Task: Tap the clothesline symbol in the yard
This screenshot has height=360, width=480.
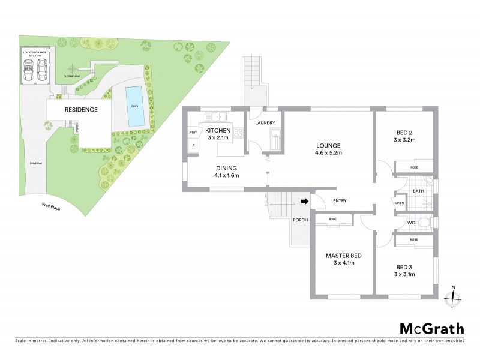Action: coord(72,69)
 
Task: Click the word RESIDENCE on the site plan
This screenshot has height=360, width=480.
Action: coord(81,110)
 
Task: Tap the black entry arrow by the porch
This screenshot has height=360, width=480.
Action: coord(304,202)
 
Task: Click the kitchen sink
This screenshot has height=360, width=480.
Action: coord(215,116)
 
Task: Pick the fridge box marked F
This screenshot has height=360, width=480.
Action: coord(193,146)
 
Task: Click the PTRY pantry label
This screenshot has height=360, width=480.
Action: coord(193,133)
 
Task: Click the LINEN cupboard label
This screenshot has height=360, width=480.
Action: coord(400,204)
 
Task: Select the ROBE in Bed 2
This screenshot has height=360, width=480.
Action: coord(414,167)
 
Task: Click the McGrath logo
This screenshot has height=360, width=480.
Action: coord(431,328)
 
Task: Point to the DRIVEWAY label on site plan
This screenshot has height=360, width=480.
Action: coord(35,163)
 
